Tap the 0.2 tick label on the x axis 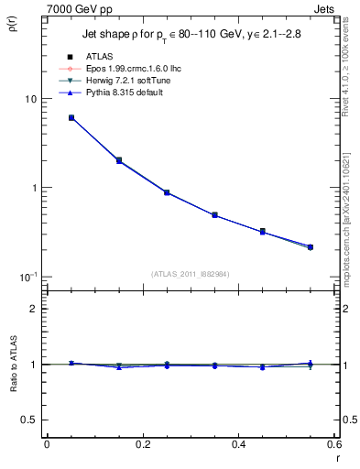tap(143, 444)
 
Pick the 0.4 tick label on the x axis tap(239, 444)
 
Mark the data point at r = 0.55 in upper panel tap(311, 246)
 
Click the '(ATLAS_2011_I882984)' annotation tap(190, 274)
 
